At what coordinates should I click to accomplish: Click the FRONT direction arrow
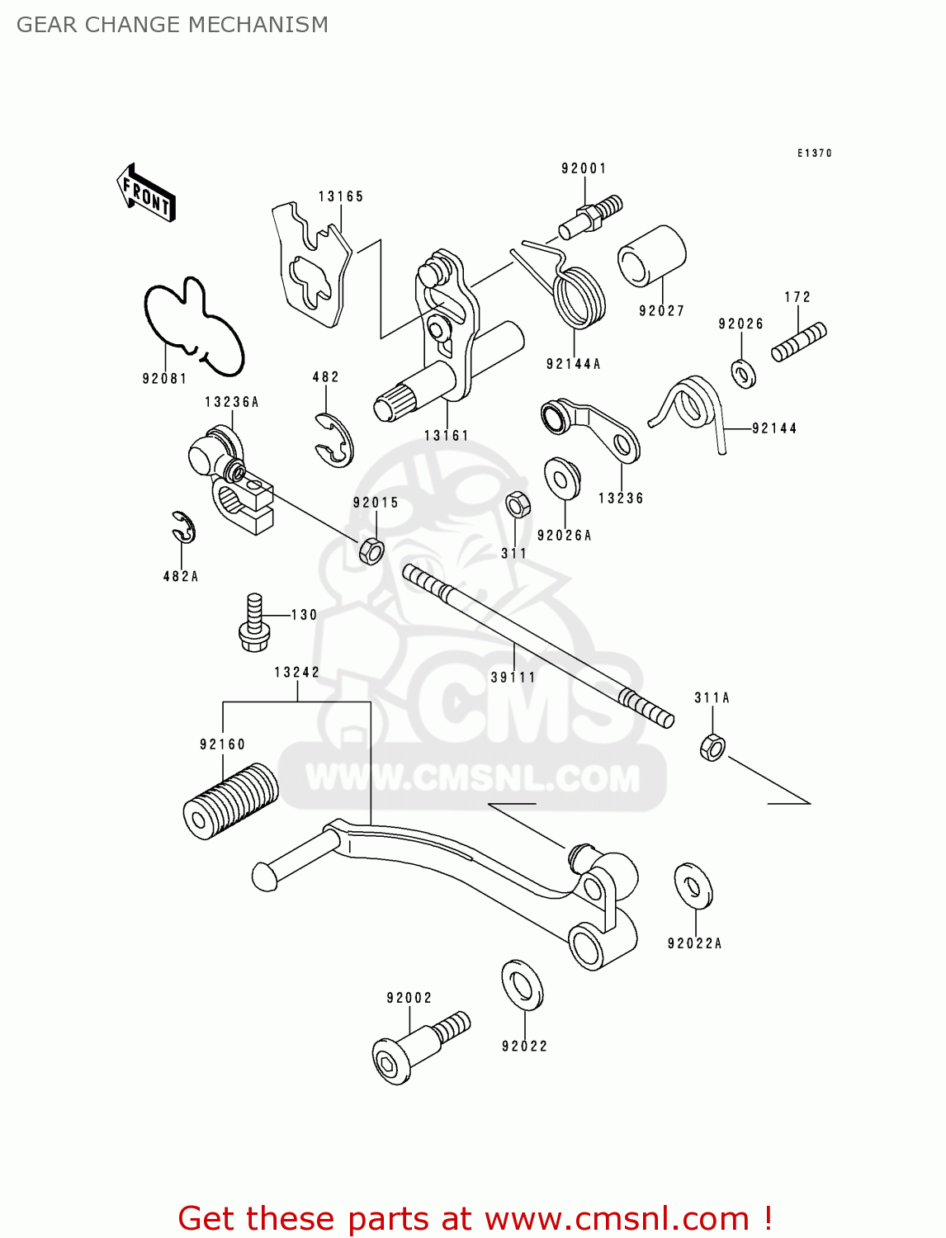pyautogui.click(x=146, y=193)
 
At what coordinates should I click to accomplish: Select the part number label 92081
pyautogui.click(x=164, y=379)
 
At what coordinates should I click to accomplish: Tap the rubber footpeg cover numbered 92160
pyautogui.click(x=229, y=801)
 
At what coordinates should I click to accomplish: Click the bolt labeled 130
pyautogui.click(x=253, y=621)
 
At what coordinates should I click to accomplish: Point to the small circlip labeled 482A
pyautogui.click(x=183, y=527)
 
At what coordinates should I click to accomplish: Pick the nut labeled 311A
pyautogui.click(x=712, y=747)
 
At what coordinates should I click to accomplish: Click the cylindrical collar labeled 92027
pyautogui.click(x=652, y=256)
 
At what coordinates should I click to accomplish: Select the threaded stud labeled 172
pyautogui.click(x=798, y=342)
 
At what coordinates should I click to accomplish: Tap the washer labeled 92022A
pyautogui.click(x=693, y=886)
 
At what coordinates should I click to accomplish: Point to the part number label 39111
pyautogui.click(x=513, y=678)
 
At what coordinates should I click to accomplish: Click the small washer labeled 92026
pyautogui.click(x=744, y=373)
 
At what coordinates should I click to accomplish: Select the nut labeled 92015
pyautogui.click(x=371, y=550)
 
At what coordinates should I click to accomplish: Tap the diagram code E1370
pyautogui.click(x=815, y=154)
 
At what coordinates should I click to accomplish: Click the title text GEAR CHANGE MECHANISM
pyautogui.click(x=173, y=25)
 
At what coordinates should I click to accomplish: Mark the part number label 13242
pyautogui.click(x=297, y=673)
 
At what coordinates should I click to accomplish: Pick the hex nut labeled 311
pyautogui.click(x=518, y=503)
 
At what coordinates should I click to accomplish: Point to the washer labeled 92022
pyautogui.click(x=522, y=984)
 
